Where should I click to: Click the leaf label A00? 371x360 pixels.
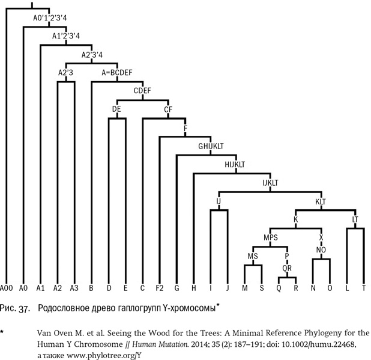7,287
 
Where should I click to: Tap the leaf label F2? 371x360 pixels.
159,287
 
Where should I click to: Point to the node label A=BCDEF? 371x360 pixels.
117,72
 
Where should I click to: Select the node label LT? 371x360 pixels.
355,219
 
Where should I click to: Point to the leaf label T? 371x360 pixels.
363,287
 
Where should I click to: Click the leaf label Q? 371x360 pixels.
279,287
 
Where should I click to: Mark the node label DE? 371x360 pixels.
117,109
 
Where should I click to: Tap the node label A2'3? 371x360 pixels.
65,72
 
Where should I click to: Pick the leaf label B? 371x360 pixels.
91,287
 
